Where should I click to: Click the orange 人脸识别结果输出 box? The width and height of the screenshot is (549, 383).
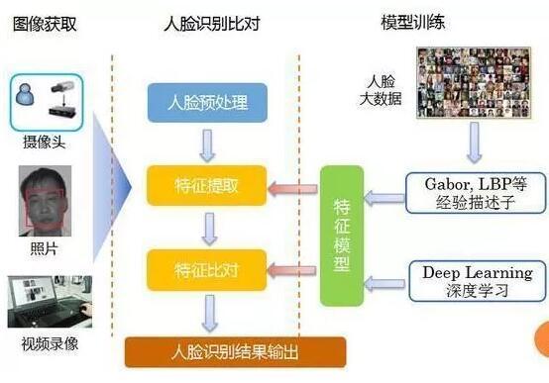(x=235, y=351)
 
